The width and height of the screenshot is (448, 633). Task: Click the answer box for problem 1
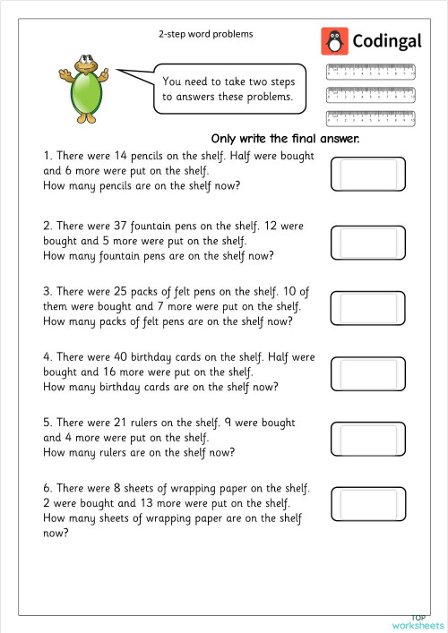pyautogui.click(x=369, y=173)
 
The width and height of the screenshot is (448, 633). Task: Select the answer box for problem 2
pyautogui.click(x=369, y=241)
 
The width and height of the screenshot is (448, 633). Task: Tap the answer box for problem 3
pyautogui.click(x=369, y=307)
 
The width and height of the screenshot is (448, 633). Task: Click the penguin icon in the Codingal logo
pyautogui.click(x=334, y=41)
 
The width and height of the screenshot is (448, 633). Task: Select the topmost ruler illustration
pyautogui.click(x=371, y=70)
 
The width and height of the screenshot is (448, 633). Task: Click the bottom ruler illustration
pyautogui.click(x=371, y=116)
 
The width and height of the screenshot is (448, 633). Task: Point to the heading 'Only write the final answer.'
pyautogui.click(x=285, y=139)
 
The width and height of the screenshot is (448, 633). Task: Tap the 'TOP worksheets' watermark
pyautogui.click(x=418, y=621)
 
